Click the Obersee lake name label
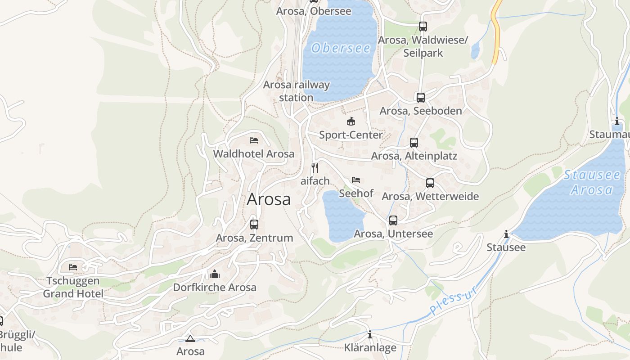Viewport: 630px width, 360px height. [x=341, y=48]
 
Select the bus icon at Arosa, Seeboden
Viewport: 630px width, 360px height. [x=421, y=98]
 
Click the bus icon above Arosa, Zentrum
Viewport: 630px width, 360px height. [x=254, y=224]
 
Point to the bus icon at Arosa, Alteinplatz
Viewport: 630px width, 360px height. [x=414, y=143]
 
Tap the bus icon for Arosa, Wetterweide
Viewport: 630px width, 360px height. [x=430, y=183]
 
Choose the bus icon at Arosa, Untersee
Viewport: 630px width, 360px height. [x=393, y=220]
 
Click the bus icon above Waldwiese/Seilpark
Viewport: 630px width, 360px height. [x=423, y=27]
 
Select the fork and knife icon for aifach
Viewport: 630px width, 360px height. [x=315, y=168]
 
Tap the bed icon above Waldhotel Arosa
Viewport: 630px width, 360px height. [x=254, y=140]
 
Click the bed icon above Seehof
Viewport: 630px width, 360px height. [x=356, y=180]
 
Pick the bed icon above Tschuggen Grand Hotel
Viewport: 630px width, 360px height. [x=73, y=267]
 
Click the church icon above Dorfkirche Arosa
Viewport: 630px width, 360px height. [x=215, y=274]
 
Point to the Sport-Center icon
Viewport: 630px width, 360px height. [x=351, y=121]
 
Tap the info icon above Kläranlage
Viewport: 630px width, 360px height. [x=370, y=334]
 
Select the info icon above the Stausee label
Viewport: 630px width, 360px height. [x=506, y=234]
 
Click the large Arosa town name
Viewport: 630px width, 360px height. [x=269, y=199]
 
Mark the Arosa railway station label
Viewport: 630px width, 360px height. [x=296, y=91]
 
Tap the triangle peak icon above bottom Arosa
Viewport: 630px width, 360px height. [x=190, y=338]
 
